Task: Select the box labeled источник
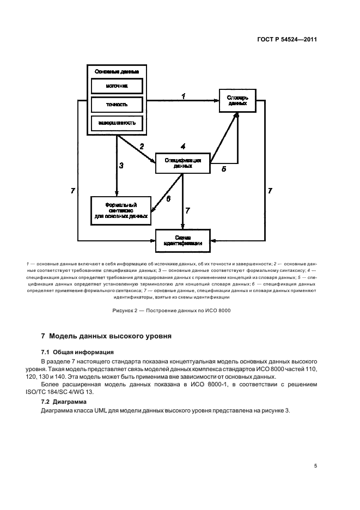tap(117, 86)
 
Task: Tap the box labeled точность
tap(117, 104)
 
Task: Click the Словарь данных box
tap(237, 100)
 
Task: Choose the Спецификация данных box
tap(182, 163)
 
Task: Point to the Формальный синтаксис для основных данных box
tap(121, 210)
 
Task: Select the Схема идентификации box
tap(182, 240)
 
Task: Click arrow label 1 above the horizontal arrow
tap(184, 96)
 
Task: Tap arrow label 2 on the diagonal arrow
tap(142, 146)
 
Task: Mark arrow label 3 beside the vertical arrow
tap(121, 166)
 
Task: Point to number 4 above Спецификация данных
tap(183, 147)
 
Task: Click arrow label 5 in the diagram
tap(223, 169)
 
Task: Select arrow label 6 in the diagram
tap(168, 199)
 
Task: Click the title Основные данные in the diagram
tap(117, 71)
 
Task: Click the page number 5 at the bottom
tap(316, 466)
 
